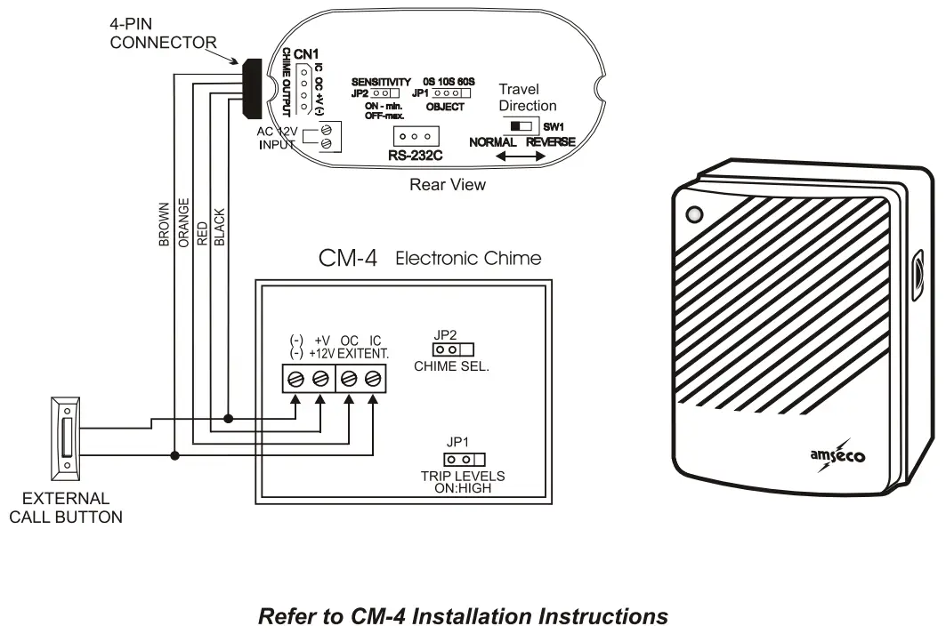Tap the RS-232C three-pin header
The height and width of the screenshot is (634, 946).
[x=415, y=137]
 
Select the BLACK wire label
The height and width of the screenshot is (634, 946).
[x=221, y=227]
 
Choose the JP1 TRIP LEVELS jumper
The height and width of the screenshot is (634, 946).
[x=460, y=459]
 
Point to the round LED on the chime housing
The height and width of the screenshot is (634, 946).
[x=694, y=214]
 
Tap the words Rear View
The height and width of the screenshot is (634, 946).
[x=447, y=185]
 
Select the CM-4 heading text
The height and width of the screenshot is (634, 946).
[x=348, y=259]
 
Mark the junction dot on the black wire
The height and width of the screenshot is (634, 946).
[x=230, y=417]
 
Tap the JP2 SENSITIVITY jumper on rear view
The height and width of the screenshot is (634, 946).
[x=380, y=92]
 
